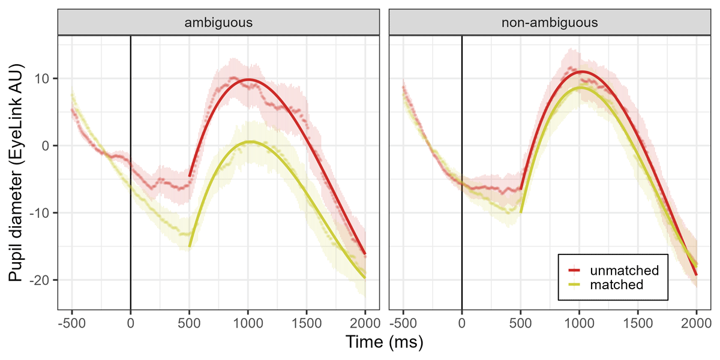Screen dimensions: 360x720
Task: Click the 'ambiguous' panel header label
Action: click(x=218, y=23)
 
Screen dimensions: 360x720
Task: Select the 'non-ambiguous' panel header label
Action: click(x=550, y=23)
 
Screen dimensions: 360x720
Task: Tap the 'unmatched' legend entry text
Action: click(x=625, y=270)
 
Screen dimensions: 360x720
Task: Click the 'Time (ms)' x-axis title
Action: click(x=384, y=343)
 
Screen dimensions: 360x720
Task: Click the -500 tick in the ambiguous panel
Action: click(x=71, y=324)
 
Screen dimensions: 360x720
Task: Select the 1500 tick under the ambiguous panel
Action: click(x=307, y=324)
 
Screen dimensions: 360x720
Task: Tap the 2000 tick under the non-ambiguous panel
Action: click(x=696, y=324)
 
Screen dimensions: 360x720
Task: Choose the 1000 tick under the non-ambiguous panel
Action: click(x=579, y=324)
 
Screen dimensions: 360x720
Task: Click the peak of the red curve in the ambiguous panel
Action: click(x=248, y=79)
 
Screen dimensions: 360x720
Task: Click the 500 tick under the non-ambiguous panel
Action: click(x=520, y=324)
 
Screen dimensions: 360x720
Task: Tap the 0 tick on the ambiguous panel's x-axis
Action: click(x=130, y=324)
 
